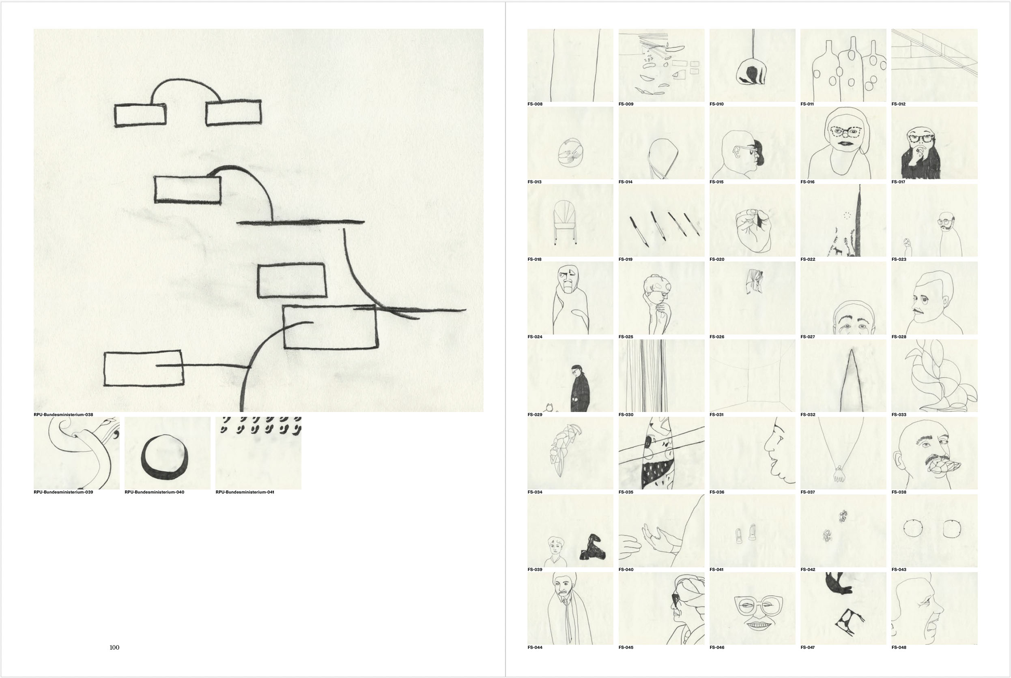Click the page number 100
pos(115,647)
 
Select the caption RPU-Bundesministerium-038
pos(64,415)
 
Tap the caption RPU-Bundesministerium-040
pos(155,492)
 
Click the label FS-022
pos(808,260)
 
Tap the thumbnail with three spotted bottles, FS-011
pos(843,65)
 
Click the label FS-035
pos(626,492)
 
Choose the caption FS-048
pos(899,647)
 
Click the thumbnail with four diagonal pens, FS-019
pos(661,221)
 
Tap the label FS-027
pos(808,337)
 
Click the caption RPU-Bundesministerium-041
pos(245,492)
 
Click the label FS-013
pos(535,182)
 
